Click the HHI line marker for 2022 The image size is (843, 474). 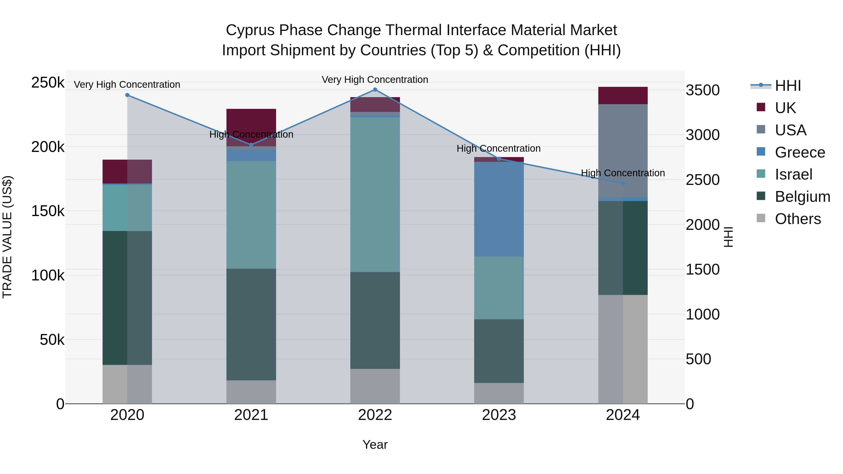375,90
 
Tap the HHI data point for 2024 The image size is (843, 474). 623,184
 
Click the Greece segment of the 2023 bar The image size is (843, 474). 499,209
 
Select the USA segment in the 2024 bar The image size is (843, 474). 623,151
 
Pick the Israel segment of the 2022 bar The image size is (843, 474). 375,195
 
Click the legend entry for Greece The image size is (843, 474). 800,152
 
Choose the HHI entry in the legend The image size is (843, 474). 788,86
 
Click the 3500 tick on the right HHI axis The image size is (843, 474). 702,90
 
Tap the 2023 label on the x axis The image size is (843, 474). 499,415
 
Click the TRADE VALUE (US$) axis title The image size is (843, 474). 7,237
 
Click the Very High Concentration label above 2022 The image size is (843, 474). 375,80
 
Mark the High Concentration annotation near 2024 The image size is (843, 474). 623,173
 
